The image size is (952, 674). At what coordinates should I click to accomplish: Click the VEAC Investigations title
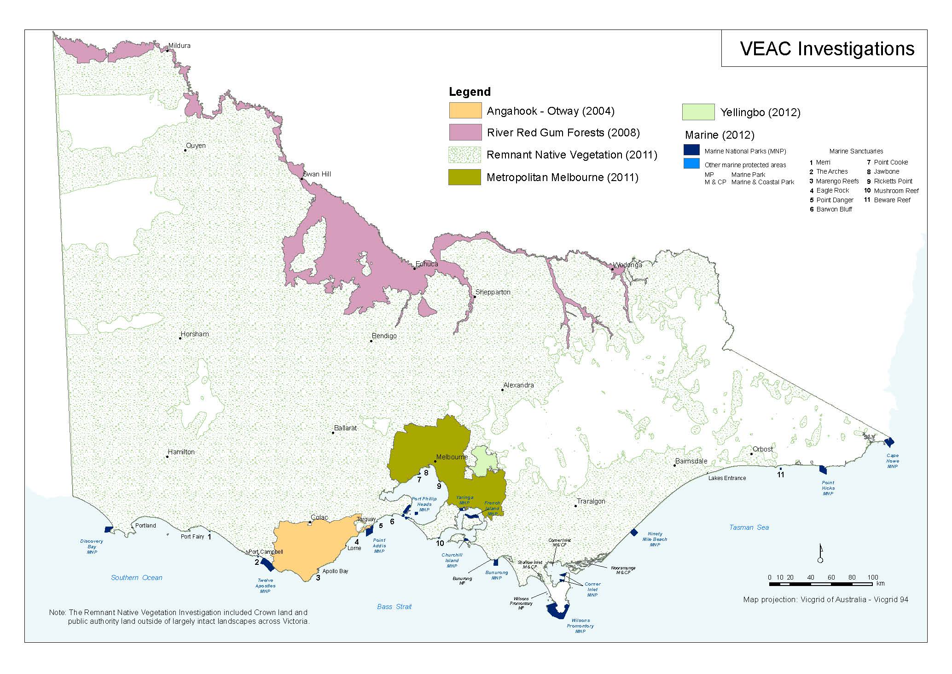coord(827,49)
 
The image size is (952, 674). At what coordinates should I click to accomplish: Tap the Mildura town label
coord(179,46)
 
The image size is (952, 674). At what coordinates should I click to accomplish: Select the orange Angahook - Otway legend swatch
coord(465,111)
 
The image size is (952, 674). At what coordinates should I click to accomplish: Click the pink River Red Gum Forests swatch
coord(465,133)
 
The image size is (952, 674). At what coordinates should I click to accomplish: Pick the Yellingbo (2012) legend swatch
coord(698,112)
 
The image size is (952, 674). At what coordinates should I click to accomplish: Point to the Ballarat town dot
coord(333,433)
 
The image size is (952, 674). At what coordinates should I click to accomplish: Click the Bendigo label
coord(384,336)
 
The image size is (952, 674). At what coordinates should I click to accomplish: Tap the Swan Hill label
coord(317,174)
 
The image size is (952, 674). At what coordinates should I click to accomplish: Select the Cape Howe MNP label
coord(892,461)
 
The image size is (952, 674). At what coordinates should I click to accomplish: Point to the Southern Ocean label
coord(137,578)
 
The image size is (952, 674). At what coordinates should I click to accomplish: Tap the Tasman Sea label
coord(749,527)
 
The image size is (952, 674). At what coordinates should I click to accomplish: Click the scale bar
coord(820,584)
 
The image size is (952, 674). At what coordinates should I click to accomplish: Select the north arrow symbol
coord(820,553)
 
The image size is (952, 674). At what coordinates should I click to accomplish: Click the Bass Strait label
coord(394,607)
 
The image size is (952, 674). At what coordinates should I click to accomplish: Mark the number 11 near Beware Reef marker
coord(780,475)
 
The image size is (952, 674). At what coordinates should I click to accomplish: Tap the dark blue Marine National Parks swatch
coord(691,150)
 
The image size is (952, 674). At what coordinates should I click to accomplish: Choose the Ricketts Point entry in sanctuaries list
coord(893,181)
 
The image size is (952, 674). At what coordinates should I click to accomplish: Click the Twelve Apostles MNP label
coord(265,586)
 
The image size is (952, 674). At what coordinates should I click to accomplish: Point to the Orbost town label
coord(763,449)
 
